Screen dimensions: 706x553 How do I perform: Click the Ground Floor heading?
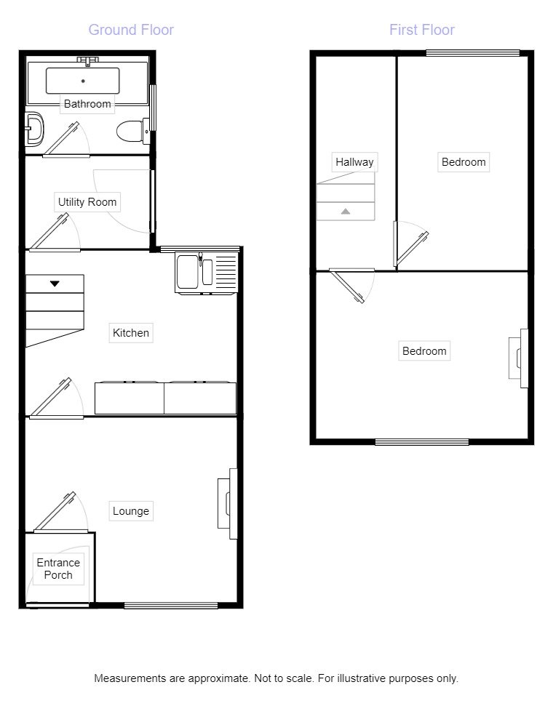(131, 30)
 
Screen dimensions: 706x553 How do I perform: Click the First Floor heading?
(422, 30)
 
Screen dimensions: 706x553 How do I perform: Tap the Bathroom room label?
(87, 104)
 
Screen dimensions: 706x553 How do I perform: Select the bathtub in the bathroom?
(83, 81)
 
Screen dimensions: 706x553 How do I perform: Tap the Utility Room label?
(87, 202)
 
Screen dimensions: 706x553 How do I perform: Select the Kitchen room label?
(131, 333)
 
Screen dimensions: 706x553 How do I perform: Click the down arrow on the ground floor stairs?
(55, 283)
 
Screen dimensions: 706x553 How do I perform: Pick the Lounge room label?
(131, 511)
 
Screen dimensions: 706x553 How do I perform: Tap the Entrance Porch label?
(58, 569)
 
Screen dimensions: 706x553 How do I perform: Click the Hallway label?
(354, 162)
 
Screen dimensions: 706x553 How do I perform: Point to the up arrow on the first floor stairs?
(346, 212)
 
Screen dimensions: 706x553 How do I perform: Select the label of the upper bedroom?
(464, 162)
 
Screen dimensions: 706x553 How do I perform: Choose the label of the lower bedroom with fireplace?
(424, 351)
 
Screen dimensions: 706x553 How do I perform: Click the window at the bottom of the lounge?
(171, 605)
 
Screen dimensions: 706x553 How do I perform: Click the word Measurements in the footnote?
(129, 678)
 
